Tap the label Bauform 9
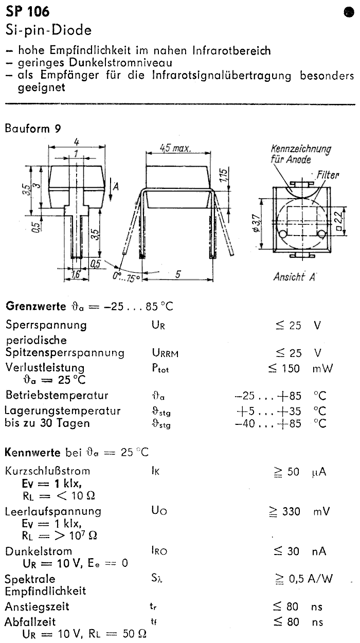click(x=32, y=129)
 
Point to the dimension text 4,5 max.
click(x=175, y=148)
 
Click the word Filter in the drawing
click(x=328, y=175)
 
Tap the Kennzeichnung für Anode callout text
click(x=300, y=154)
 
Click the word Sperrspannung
click(x=46, y=325)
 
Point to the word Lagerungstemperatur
click(x=63, y=410)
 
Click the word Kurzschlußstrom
click(x=48, y=471)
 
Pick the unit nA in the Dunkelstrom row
click(x=319, y=551)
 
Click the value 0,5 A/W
click(x=311, y=579)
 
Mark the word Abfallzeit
click(x=30, y=621)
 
